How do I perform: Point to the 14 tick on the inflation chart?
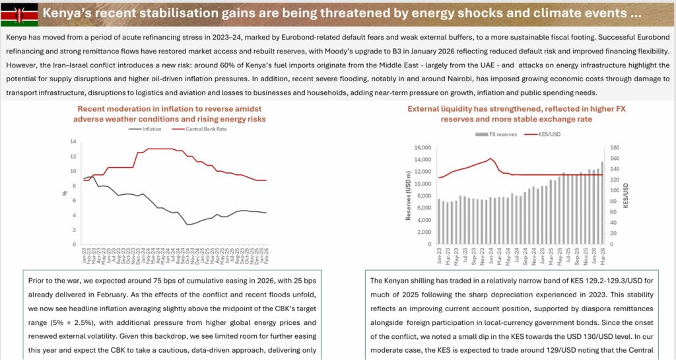(x=74, y=141)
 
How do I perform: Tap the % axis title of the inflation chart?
(x=64, y=194)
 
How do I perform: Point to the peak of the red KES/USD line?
(x=490, y=159)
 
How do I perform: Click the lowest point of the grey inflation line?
(x=188, y=225)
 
